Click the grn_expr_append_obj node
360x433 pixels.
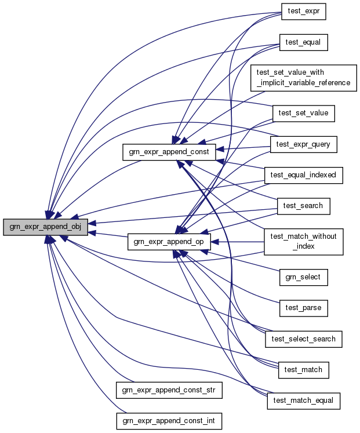coord(45,227)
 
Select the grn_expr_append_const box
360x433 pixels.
coord(169,152)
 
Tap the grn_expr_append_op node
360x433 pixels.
coord(168,242)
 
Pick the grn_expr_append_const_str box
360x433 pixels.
coord(169,390)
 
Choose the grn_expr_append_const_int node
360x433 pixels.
coord(169,420)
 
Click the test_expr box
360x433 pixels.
coord(303,12)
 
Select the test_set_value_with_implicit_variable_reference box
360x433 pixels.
coord(303,77)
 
